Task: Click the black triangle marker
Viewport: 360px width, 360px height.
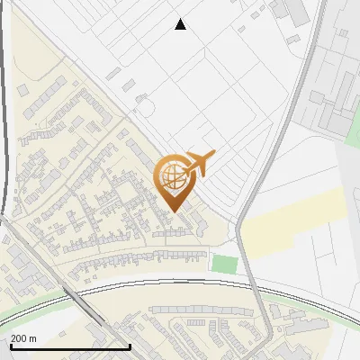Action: pyautogui.click(x=181, y=24)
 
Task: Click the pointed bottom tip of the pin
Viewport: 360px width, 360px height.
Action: pyautogui.click(x=175, y=211)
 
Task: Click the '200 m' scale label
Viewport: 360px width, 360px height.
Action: pyautogui.click(x=24, y=338)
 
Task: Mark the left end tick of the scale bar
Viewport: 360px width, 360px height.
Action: pyautogui.click(x=11, y=346)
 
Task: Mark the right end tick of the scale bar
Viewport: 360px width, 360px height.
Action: pyautogui.click(x=130, y=346)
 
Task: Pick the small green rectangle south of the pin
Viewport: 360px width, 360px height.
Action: pyautogui.click(x=224, y=265)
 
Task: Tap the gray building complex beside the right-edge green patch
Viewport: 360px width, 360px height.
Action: pyautogui.click(x=329, y=112)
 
